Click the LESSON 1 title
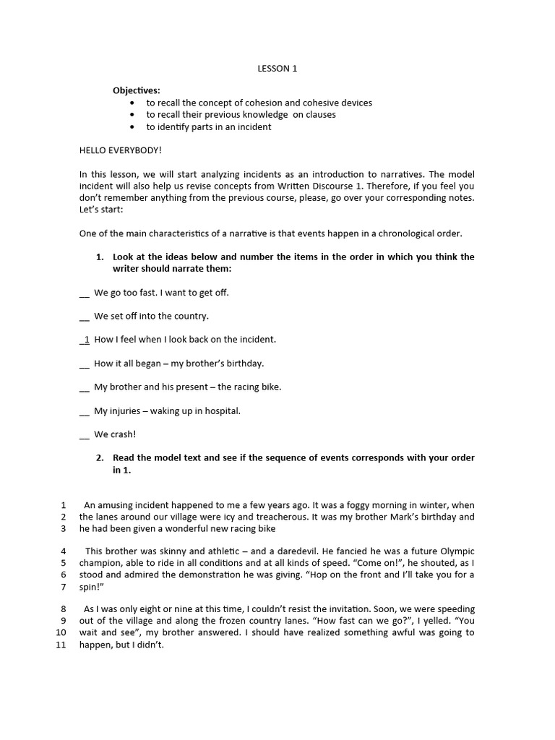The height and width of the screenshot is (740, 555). [277, 69]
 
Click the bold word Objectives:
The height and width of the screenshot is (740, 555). [137, 90]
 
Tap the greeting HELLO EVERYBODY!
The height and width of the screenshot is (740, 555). [121, 150]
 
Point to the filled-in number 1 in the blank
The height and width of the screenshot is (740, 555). [87, 339]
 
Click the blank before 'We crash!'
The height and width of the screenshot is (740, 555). [85, 435]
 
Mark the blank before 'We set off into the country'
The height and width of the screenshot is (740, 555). [85, 317]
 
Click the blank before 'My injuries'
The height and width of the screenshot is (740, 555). [85, 411]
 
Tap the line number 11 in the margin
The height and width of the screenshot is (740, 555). [61, 645]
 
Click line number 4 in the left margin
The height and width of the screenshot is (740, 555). [64, 551]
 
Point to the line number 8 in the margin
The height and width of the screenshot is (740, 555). [64, 608]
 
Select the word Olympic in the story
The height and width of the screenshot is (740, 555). [457, 551]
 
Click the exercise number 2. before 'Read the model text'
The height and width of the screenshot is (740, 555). [100, 457]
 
